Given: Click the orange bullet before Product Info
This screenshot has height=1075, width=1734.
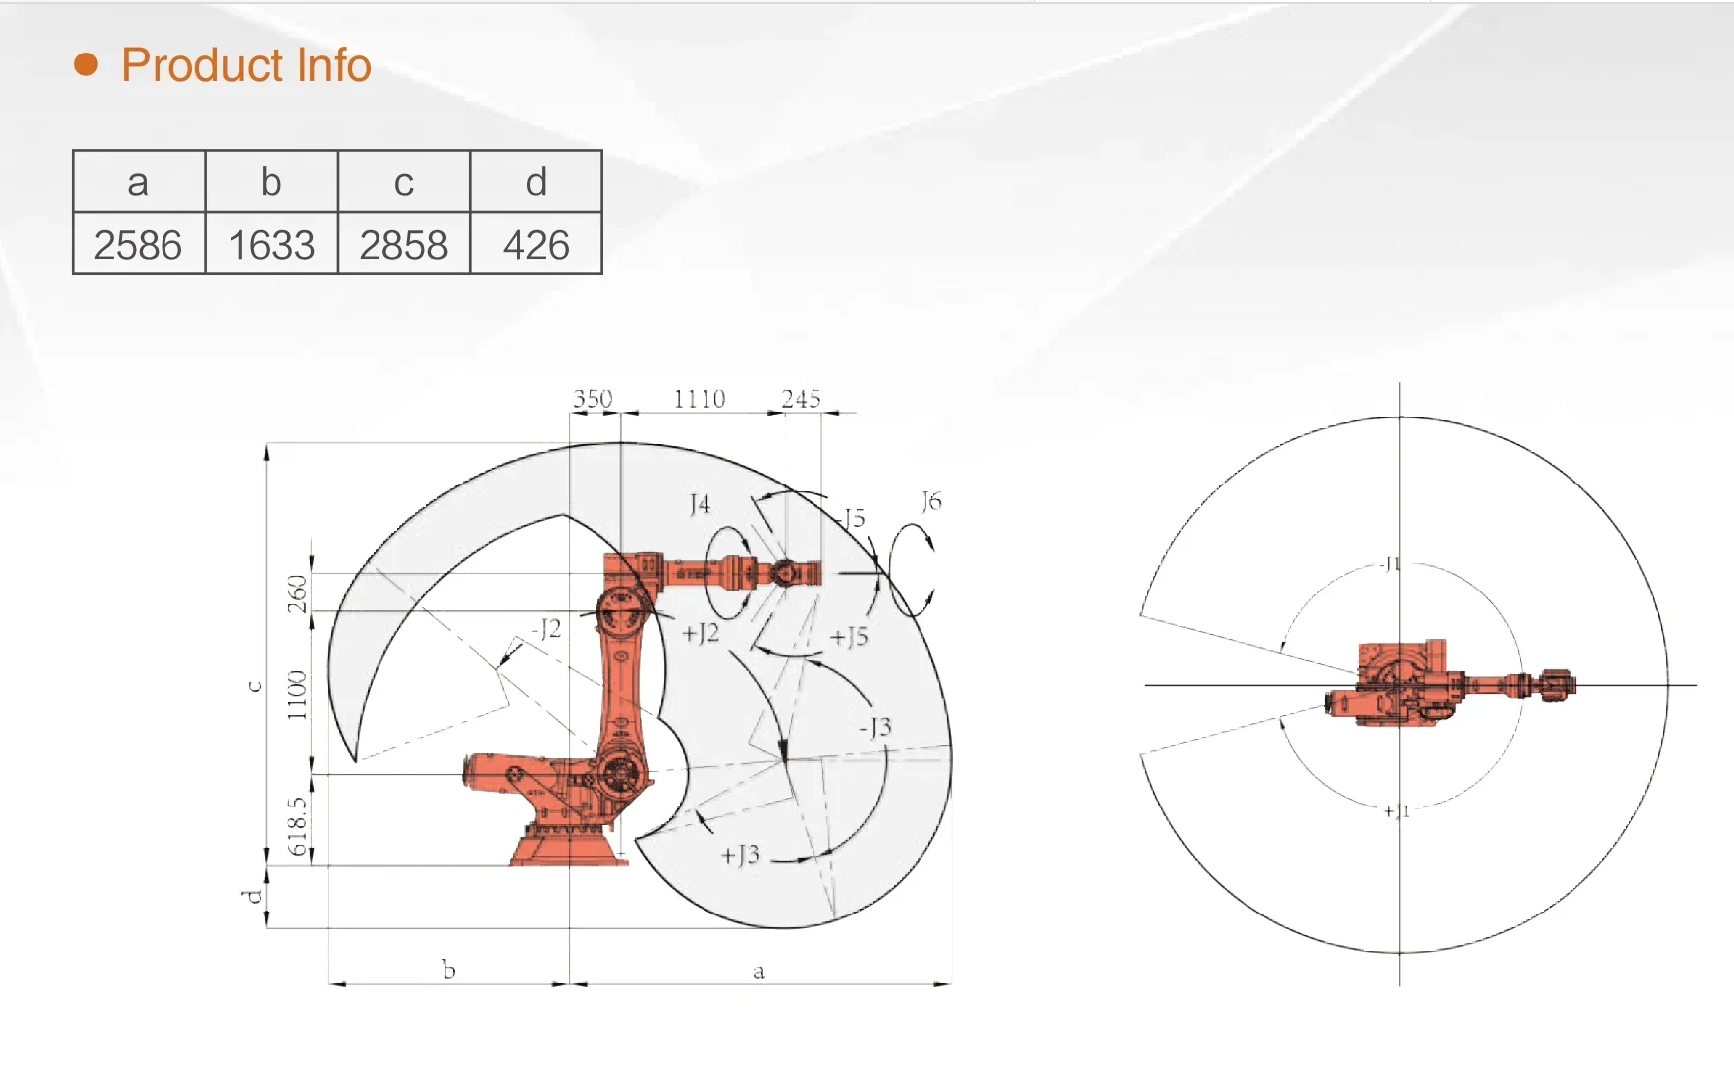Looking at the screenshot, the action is (x=87, y=64).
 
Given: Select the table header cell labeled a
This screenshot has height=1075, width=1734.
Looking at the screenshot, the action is (x=139, y=181).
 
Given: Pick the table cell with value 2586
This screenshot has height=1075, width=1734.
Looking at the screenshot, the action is (x=139, y=244).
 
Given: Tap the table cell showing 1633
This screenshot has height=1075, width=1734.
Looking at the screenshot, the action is (x=271, y=244).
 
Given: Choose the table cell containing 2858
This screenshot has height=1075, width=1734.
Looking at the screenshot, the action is (x=403, y=244).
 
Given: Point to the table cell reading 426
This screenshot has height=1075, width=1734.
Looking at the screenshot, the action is (x=536, y=244).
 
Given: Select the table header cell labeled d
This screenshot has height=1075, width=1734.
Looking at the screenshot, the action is (x=536, y=181).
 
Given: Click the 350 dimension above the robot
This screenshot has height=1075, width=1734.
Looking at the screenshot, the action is (x=593, y=398).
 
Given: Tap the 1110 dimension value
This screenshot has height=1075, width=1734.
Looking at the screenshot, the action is (x=700, y=398).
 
